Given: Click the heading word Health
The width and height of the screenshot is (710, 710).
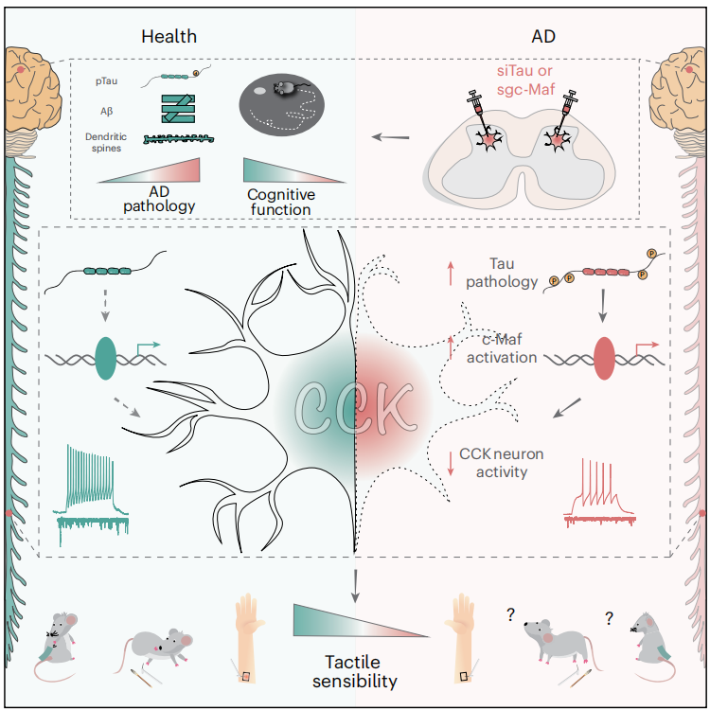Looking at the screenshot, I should pos(169,37).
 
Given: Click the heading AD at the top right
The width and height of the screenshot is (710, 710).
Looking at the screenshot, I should pos(543,37).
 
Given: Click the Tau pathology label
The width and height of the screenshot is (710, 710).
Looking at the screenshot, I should pos(500,272).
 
